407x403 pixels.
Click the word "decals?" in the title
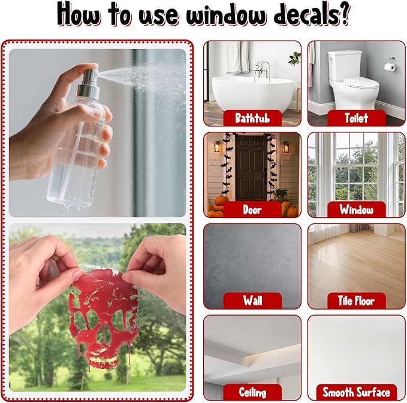coord(312,14)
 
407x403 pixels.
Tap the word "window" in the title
coord(226,14)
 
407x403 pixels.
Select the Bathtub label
coord(252,118)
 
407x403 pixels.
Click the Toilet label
coord(357,118)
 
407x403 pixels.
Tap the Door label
coord(252,210)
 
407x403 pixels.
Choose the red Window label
coord(357,210)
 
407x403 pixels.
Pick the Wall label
coord(252,301)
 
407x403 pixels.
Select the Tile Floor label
coord(357,301)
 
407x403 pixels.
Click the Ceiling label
coord(252,392)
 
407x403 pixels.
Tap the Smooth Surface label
coord(357,392)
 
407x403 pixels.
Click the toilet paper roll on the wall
coord(390,67)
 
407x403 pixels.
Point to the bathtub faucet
coord(262,71)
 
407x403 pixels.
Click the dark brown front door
coord(251,168)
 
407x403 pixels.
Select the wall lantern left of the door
coord(217,147)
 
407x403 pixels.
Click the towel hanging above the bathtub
coord(237,57)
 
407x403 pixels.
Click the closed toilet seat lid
coord(361,83)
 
